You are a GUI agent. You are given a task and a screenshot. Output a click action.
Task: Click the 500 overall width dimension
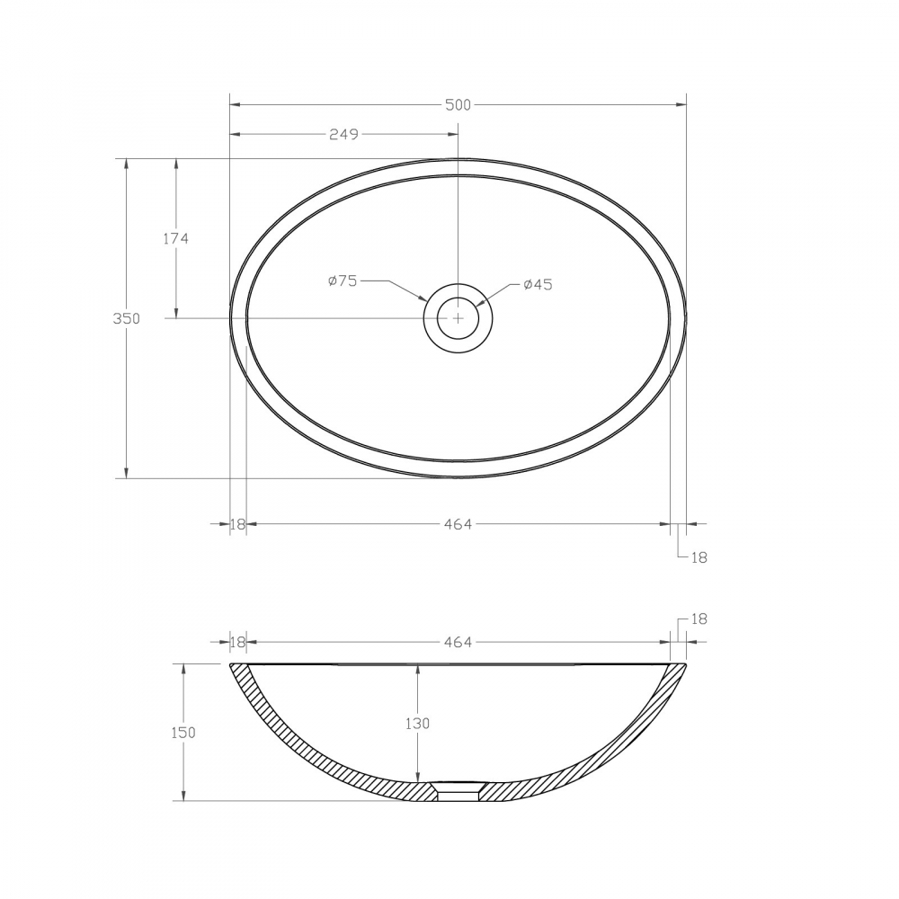(x=458, y=105)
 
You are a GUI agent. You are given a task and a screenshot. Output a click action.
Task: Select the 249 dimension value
(x=343, y=135)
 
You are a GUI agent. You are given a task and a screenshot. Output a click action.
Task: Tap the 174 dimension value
(x=175, y=238)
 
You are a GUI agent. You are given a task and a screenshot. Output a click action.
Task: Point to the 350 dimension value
(x=126, y=318)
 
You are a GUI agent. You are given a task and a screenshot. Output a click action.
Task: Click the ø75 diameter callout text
(x=343, y=280)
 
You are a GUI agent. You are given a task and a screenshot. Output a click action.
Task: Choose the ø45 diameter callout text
(x=537, y=284)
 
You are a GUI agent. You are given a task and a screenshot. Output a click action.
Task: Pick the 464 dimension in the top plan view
(x=458, y=524)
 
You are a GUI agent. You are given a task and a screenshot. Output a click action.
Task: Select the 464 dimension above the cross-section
(x=458, y=642)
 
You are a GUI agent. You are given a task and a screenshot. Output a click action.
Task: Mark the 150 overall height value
(x=182, y=732)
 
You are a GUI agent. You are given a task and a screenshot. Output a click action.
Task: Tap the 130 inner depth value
(x=417, y=723)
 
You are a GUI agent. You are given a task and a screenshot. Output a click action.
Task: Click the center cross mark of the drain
(x=458, y=317)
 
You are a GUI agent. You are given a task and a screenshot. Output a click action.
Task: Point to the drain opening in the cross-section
(x=458, y=791)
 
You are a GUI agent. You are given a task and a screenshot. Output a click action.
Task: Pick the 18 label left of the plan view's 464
(x=237, y=524)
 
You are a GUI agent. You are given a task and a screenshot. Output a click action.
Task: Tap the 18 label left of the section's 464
(x=237, y=642)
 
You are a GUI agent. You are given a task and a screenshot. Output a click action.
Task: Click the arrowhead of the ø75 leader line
(x=425, y=299)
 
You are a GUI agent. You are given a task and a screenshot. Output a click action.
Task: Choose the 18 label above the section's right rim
(x=699, y=619)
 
